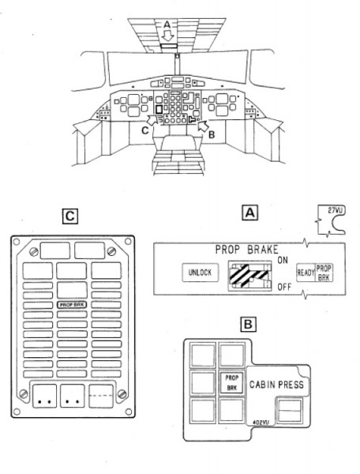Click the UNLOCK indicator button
tap(201, 273)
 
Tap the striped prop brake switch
tap(249, 276)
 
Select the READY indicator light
tap(306, 273)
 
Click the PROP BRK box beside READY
tap(324, 273)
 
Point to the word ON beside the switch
tap(283, 260)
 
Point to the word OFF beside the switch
tap(284, 287)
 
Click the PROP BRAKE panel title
tap(246, 250)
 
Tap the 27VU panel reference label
tap(336, 210)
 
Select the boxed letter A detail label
tap(249, 213)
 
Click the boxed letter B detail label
tap(248, 325)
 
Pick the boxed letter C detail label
tap(70, 216)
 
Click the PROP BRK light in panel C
tap(72, 305)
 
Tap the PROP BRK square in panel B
tap(232, 382)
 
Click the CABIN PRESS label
tap(276, 385)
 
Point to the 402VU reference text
tap(261, 423)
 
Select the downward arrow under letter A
tap(167, 36)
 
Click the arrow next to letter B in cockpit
tap(204, 126)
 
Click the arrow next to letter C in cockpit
tap(153, 118)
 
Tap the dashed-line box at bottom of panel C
tap(101, 396)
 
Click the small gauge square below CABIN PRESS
tap(290, 410)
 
